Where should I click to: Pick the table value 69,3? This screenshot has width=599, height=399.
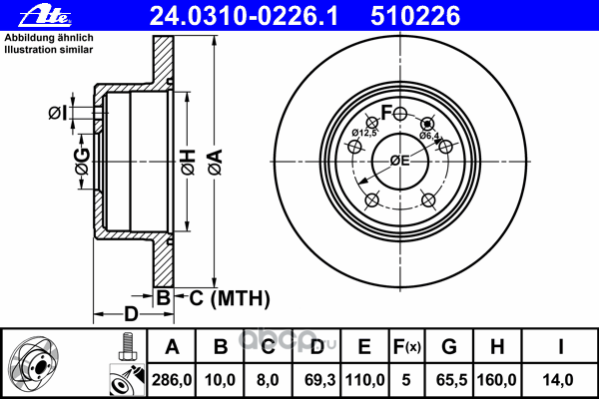(316, 380)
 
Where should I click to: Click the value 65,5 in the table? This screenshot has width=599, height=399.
(449, 380)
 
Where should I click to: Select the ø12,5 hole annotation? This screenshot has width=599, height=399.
(364, 133)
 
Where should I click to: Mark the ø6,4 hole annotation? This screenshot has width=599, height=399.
(430, 136)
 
